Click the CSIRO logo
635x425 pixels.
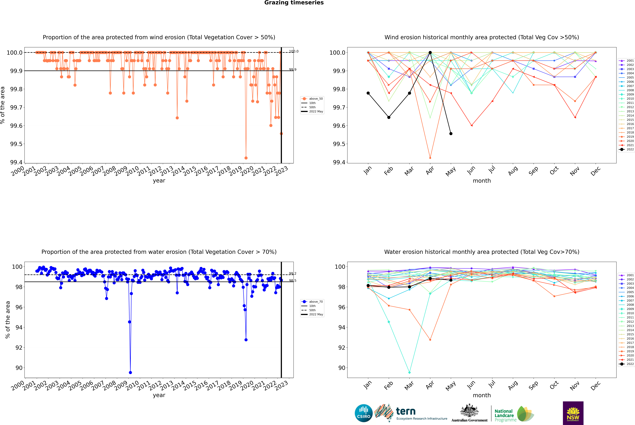[x=364, y=413]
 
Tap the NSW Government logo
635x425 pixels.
[x=573, y=413]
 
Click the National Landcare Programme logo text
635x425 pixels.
[x=504, y=415]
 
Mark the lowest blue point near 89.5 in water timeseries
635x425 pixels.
[x=130, y=372]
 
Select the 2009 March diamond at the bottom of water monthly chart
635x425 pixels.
[x=409, y=372]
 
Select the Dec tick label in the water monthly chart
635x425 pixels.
[x=596, y=385]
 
